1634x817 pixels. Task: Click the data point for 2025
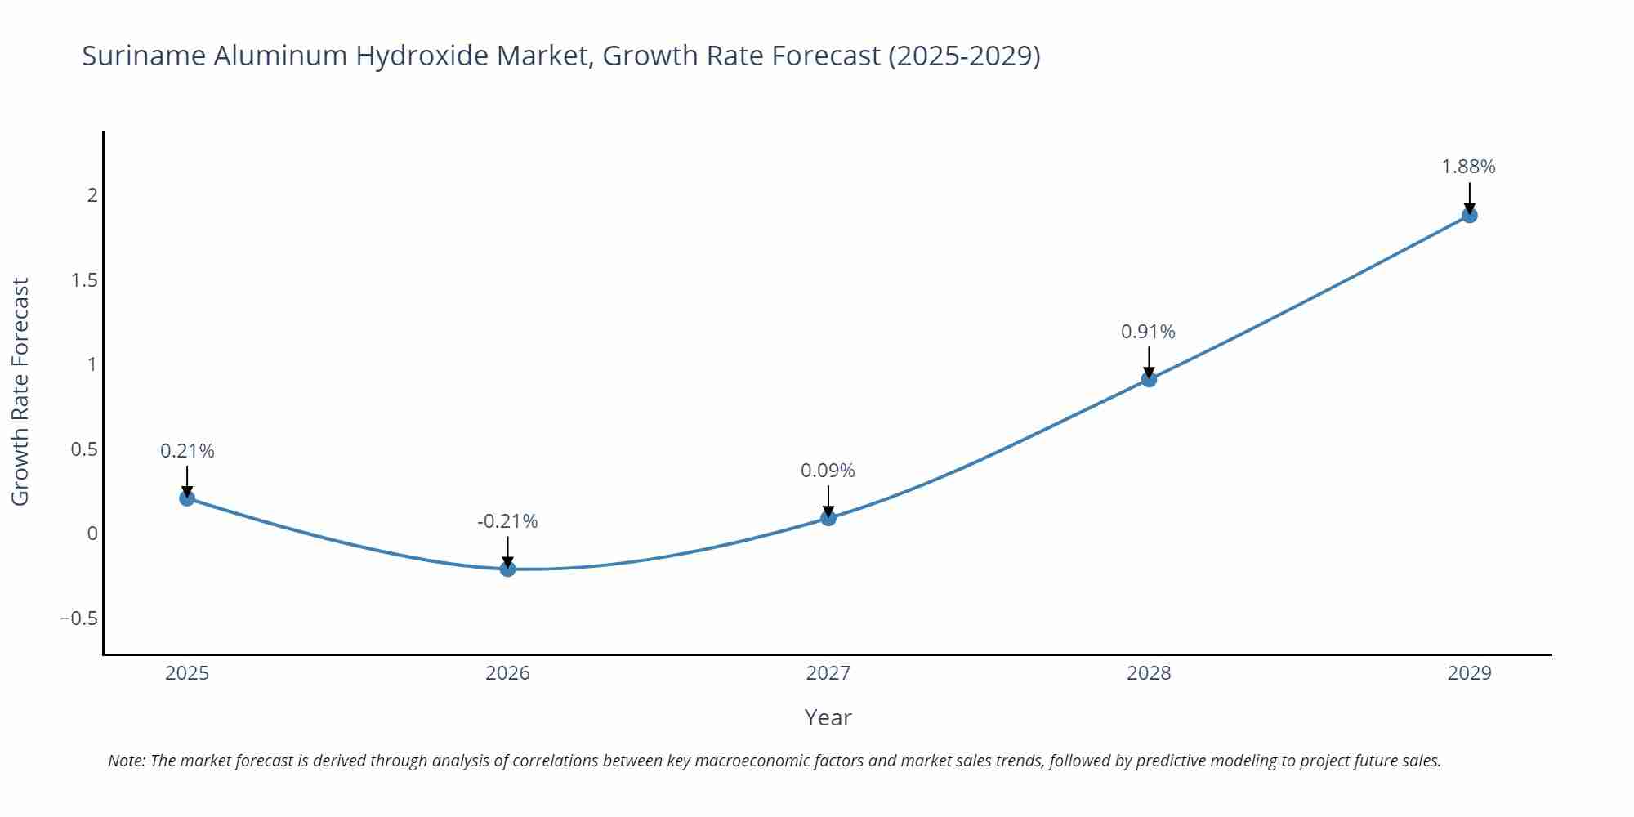coord(187,498)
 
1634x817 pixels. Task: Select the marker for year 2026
coord(507,569)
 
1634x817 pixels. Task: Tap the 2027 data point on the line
coord(828,517)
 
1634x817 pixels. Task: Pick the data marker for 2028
coord(1149,379)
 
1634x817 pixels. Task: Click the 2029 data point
coord(1469,215)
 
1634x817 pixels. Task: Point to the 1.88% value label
coord(1468,167)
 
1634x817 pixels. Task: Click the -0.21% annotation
coord(507,521)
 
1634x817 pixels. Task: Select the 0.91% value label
coord(1148,332)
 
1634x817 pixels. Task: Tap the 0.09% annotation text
coord(828,471)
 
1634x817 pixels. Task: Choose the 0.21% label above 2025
coord(187,451)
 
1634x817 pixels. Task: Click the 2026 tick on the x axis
coord(507,673)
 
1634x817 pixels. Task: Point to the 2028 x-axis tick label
coord(1149,673)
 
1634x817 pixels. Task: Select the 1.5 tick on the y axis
coord(84,280)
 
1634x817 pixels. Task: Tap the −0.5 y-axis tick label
coord(78,618)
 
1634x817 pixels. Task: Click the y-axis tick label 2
coord(92,195)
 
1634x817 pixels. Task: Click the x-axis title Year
coord(828,717)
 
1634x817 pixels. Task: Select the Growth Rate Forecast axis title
coord(20,391)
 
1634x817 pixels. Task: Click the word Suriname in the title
coord(143,56)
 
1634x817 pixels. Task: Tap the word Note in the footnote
coord(126,761)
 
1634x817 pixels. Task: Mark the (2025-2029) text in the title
coord(964,56)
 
